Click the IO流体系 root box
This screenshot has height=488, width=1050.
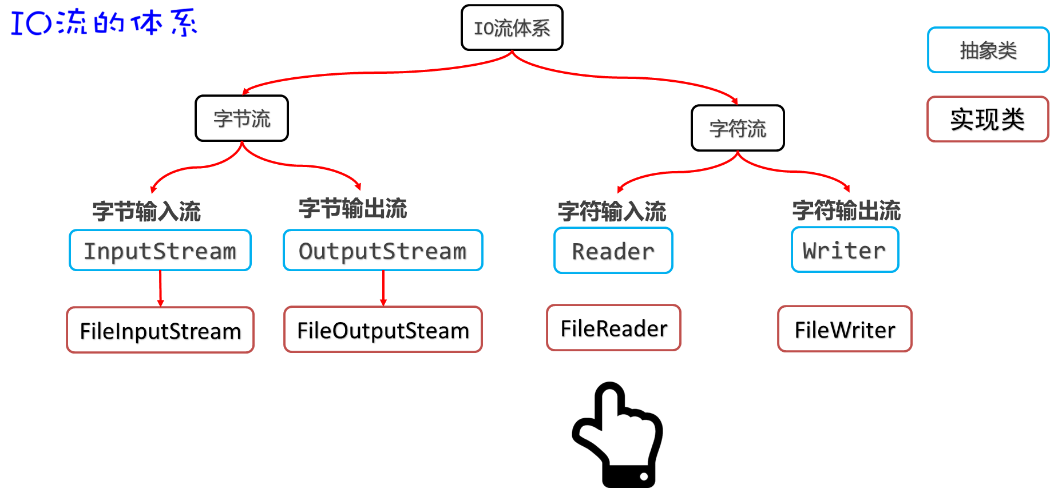click(x=512, y=27)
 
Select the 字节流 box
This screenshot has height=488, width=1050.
click(x=241, y=118)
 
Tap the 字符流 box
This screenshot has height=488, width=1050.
click(x=738, y=128)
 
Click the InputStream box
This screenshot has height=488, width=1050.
click(x=160, y=251)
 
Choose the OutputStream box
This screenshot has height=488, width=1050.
click(x=383, y=251)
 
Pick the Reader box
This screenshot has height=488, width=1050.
click(x=613, y=251)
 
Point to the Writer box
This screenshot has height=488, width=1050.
click(x=845, y=250)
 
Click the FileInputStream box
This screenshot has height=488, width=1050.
click(x=160, y=331)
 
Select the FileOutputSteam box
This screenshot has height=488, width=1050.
click(x=383, y=330)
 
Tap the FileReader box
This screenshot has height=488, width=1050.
click(x=613, y=328)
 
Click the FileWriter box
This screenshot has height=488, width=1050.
click(x=845, y=329)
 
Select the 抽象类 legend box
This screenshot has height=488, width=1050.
click(x=988, y=50)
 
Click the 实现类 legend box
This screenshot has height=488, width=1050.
click(x=988, y=119)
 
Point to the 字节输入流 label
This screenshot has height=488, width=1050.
click(x=146, y=211)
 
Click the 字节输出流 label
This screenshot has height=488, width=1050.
click(x=352, y=208)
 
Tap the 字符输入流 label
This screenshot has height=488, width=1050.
click(x=612, y=211)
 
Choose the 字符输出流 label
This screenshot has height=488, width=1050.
click(x=846, y=211)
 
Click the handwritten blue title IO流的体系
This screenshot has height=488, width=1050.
click(x=103, y=22)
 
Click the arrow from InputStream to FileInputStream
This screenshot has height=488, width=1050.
click(x=160, y=289)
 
